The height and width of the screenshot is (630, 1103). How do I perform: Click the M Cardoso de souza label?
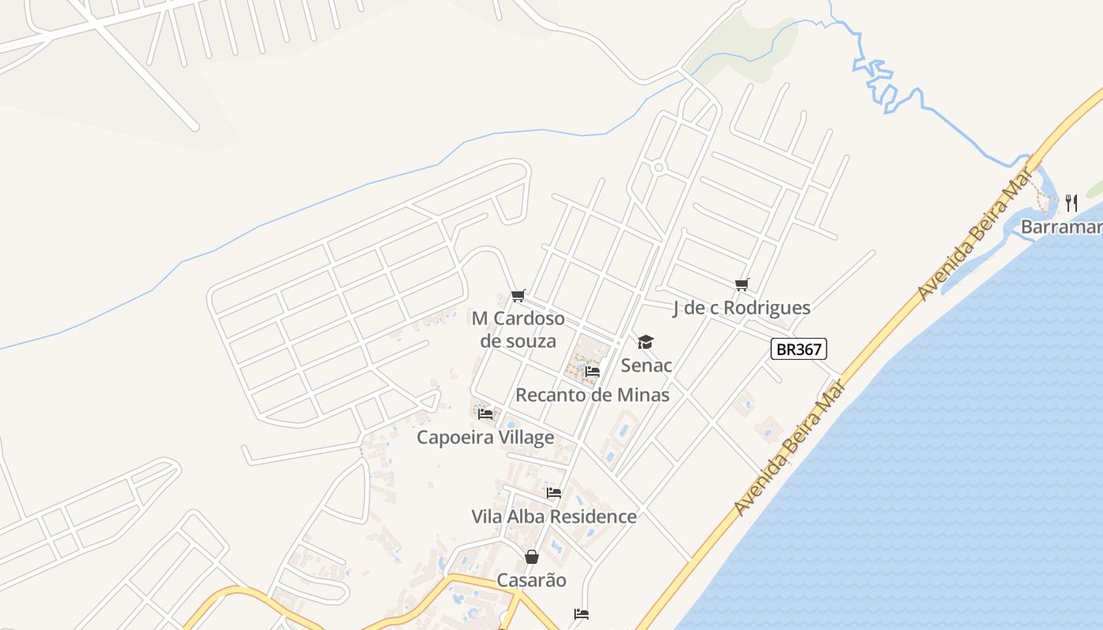pyautogui.click(x=518, y=329)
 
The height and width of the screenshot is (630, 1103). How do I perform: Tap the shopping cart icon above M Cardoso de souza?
pyautogui.click(x=518, y=296)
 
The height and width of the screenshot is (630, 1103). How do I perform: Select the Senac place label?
pyautogui.click(x=646, y=365)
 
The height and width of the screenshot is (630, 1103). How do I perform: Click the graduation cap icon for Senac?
pyautogui.click(x=646, y=342)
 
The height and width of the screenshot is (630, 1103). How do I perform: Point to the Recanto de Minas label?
pyautogui.click(x=592, y=395)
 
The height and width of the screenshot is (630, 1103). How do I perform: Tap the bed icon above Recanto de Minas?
pyautogui.click(x=592, y=371)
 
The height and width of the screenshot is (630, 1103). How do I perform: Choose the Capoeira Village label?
pyautogui.click(x=485, y=437)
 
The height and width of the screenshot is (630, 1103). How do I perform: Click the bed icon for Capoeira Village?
pyautogui.click(x=485, y=413)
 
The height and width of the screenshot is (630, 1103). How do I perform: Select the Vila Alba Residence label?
pyautogui.click(x=554, y=517)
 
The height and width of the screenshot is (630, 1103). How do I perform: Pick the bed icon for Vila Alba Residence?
pyautogui.click(x=554, y=493)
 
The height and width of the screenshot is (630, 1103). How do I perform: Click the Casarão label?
pyautogui.click(x=532, y=580)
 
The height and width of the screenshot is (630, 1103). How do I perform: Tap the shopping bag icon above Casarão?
pyautogui.click(x=532, y=557)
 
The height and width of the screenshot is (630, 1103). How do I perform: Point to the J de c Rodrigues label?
pyautogui.click(x=741, y=308)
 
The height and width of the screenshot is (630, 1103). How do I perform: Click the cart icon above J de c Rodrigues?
pyautogui.click(x=741, y=284)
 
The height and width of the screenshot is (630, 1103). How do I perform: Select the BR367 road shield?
pyautogui.click(x=799, y=350)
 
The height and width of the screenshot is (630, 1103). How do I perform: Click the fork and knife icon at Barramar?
pyautogui.click(x=1071, y=203)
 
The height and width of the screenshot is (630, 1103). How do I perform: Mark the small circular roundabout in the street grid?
pyautogui.click(x=659, y=167)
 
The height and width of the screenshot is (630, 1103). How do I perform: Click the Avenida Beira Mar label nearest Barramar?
pyautogui.click(x=975, y=239)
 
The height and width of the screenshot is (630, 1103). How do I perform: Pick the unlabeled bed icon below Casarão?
pyautogui.click(x=581, y=614)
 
